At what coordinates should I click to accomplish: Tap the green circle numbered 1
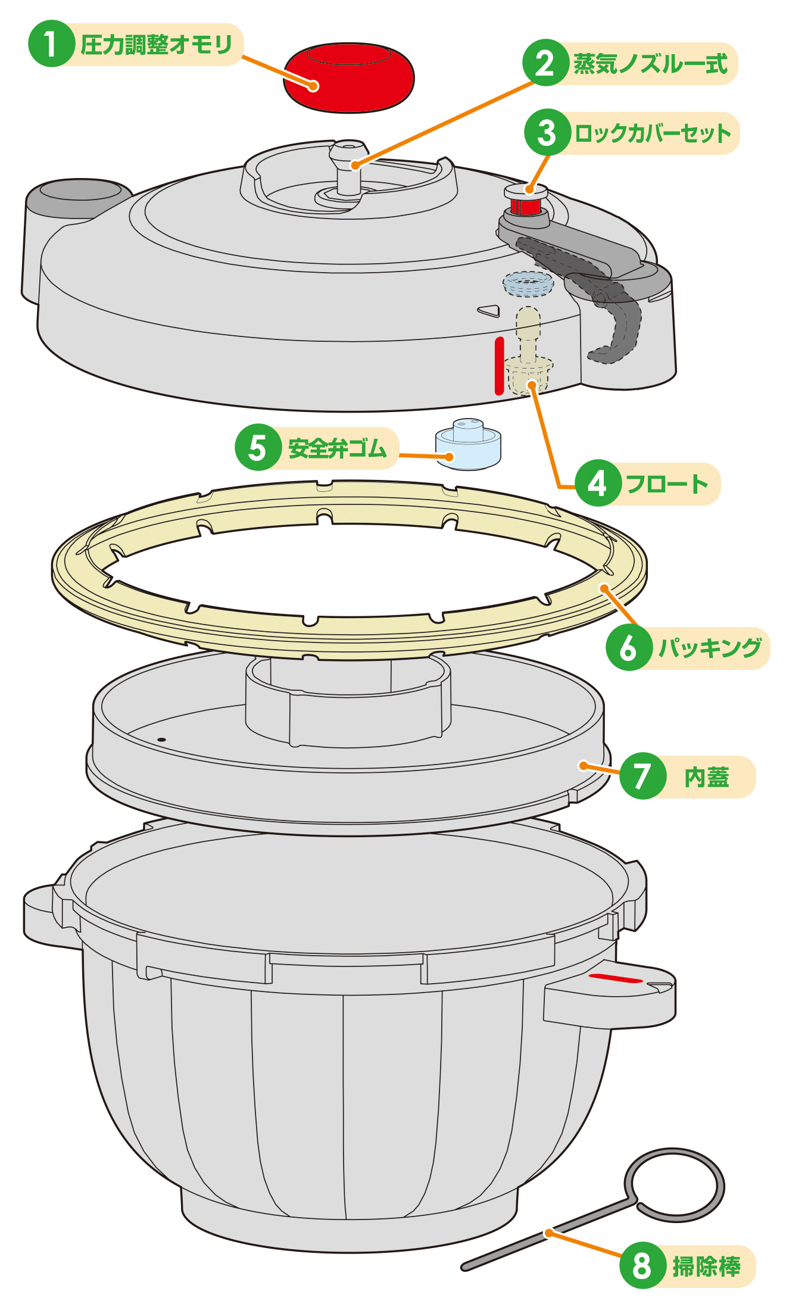51,45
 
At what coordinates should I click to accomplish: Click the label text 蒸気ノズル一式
650,64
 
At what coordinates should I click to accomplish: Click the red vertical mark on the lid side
499,366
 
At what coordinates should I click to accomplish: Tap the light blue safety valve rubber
469,445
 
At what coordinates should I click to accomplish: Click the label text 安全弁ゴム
337,448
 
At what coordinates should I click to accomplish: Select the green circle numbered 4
597,484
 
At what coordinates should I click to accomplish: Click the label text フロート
667,484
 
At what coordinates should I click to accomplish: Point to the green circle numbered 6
628,648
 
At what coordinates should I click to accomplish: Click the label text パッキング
710,648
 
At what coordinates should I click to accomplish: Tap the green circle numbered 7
642,776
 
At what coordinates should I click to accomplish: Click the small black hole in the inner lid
161,740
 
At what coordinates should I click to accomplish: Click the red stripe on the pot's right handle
615,978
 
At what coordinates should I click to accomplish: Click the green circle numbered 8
642,1266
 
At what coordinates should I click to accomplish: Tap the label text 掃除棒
706,1267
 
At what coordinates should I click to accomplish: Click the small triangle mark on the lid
489,310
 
